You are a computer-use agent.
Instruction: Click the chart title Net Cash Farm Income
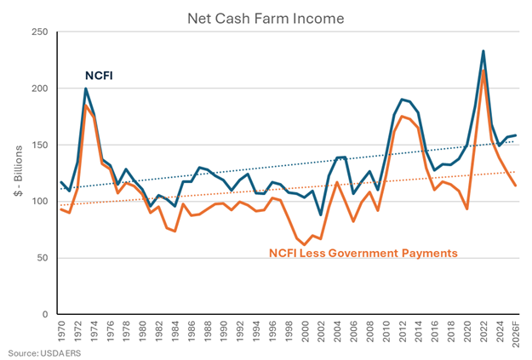point(266,15)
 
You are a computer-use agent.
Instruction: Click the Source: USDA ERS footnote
point(39,352)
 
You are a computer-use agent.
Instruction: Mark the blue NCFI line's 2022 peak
point(483,51)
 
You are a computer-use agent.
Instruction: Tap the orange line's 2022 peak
point(483,71)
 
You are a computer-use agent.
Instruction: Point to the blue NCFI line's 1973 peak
point(86,89)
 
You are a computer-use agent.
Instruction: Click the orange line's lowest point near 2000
point(305,244)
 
